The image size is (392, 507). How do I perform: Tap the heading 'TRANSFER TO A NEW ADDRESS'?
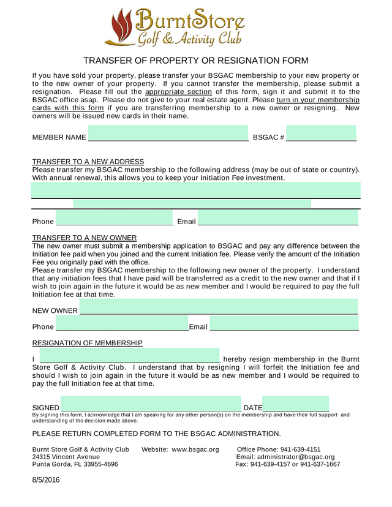[x=88, y=161]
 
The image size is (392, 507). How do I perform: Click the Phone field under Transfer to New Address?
[x=115, y=218]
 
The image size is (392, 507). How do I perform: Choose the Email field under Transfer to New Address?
[x=278, y=218]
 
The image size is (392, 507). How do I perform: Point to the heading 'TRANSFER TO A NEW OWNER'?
[x=85, y=238]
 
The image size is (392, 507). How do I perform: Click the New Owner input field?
[x=219, y=307]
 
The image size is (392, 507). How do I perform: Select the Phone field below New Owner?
[x=122, y=325]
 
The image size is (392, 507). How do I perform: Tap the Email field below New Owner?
[x=284, y=325]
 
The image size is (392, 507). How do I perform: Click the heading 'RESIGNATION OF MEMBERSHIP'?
[x=87, y=343]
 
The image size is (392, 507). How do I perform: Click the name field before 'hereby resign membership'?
[x=129, y=355]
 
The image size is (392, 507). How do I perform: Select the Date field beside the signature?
[x=295, y=404]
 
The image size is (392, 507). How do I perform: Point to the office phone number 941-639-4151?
[x=300, y=450]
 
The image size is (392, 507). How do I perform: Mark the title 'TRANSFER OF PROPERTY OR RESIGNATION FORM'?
[x=195, y=61]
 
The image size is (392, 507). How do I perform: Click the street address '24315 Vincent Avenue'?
[x=66, y=457]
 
